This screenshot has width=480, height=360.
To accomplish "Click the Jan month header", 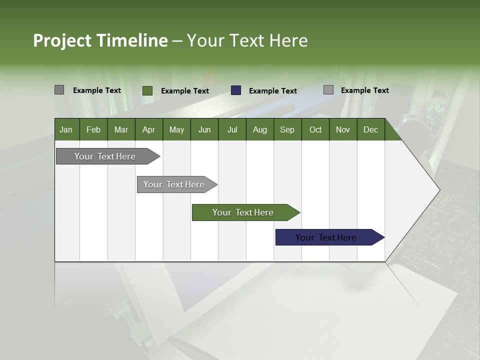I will point(66,129).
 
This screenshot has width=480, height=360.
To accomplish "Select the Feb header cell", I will point(93,129).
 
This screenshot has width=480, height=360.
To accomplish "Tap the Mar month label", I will point(121,129).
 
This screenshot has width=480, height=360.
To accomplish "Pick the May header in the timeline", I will point(176,129).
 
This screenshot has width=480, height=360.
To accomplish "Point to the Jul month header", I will point(232,129).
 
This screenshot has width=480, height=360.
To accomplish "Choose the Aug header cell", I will point(259,129).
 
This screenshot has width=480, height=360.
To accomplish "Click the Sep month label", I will point(287,129).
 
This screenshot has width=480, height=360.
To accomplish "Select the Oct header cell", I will point(315,129).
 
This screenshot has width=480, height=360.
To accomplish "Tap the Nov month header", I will point(342,129).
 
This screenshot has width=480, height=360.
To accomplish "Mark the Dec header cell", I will point(370,129).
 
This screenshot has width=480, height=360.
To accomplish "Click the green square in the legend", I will point(147,90).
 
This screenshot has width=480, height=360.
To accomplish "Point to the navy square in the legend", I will point(236,90).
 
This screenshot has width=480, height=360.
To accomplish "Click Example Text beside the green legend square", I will point(184,91).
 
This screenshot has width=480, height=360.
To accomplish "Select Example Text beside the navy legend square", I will point(272,91).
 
